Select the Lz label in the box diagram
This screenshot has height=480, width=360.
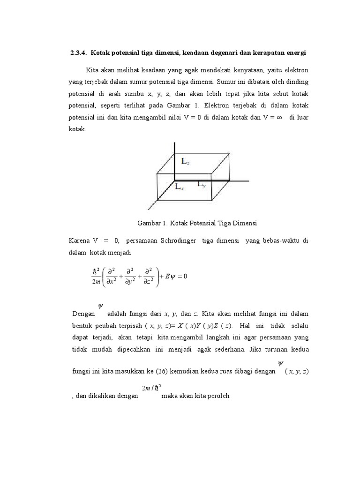186,161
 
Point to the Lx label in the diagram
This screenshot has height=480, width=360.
179,187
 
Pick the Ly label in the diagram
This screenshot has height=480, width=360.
201,185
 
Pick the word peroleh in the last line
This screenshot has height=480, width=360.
217,396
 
